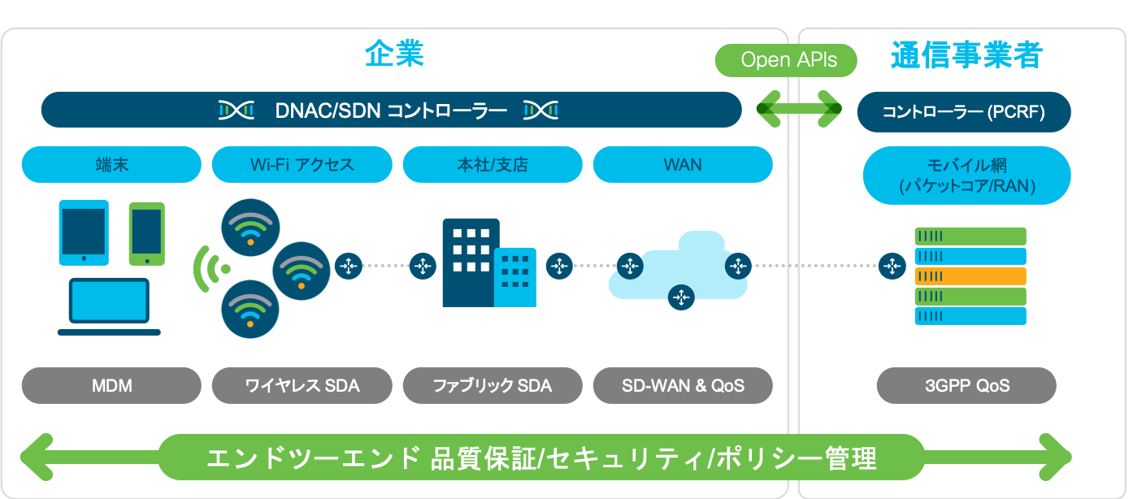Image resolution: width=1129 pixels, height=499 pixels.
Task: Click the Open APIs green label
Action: coord(787,60)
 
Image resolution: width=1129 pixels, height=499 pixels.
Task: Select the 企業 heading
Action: coord(394,54)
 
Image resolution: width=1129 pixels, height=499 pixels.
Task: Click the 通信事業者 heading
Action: coord(966,55)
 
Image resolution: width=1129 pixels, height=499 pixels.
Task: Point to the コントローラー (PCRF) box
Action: coord(964,112)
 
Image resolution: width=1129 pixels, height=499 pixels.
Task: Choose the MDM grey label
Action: coord(111,385)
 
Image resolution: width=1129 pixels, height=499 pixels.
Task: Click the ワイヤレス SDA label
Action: coord(302,385)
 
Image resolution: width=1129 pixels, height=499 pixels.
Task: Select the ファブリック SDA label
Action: coord(493,385)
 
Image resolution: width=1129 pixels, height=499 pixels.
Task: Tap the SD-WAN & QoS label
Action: coord(683,385)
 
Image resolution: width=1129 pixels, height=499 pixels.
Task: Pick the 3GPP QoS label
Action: coord(966,385)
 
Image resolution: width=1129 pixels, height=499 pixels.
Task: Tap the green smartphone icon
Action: coord(147,233)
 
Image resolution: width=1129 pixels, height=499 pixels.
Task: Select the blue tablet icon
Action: coord(84,232)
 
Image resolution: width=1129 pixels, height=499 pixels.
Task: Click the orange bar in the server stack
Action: coord(971,276)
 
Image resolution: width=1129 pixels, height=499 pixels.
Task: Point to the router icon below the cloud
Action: coord(681,297)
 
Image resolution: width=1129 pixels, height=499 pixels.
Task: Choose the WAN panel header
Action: coord(683,164)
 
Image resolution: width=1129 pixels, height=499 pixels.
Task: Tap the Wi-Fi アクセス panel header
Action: coord(302,164)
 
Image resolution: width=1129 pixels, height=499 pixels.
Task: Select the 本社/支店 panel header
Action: coord(493,164)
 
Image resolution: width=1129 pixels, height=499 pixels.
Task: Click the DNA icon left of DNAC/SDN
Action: coord(237,110)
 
